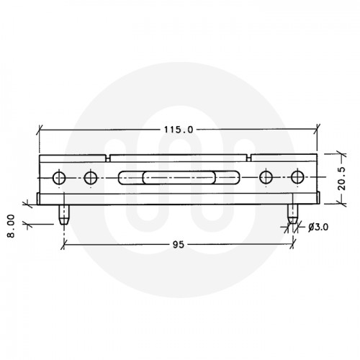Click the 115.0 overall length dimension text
179,130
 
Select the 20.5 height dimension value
343,178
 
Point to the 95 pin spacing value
178,245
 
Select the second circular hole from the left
90,178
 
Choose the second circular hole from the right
267,178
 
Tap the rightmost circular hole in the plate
298,178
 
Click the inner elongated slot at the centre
179,178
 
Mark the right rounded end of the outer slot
236,178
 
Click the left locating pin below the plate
64,215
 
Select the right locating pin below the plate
292,215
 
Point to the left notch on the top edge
107,156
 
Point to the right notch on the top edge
249,156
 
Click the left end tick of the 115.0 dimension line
39,130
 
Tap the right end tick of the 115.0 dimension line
318,130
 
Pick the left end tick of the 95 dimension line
64,245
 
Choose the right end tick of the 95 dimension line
292,245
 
